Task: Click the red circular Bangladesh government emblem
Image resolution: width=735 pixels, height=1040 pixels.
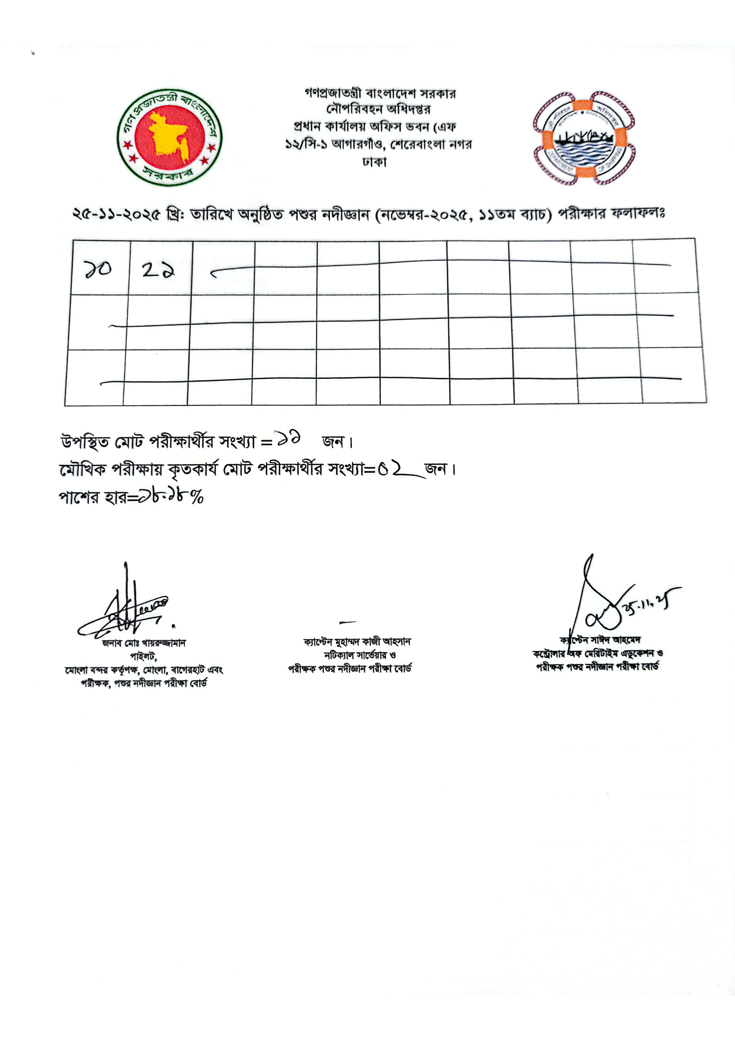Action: (169, 137)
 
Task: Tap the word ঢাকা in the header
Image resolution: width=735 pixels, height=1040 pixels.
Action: (374, 162)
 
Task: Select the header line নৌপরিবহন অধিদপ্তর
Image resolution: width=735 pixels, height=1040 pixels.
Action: (378, 109)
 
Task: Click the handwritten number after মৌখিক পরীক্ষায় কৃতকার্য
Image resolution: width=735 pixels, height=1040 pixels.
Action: (391, 469)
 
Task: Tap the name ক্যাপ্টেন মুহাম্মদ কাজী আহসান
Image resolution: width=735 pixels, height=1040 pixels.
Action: (357, 642)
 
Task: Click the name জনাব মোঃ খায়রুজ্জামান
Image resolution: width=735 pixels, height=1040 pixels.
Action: (144, 643)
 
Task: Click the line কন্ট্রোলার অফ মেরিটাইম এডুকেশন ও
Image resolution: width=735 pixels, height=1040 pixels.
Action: (598, 654)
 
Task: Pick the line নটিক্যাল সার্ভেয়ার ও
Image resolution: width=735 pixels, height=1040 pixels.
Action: (360, 655)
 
